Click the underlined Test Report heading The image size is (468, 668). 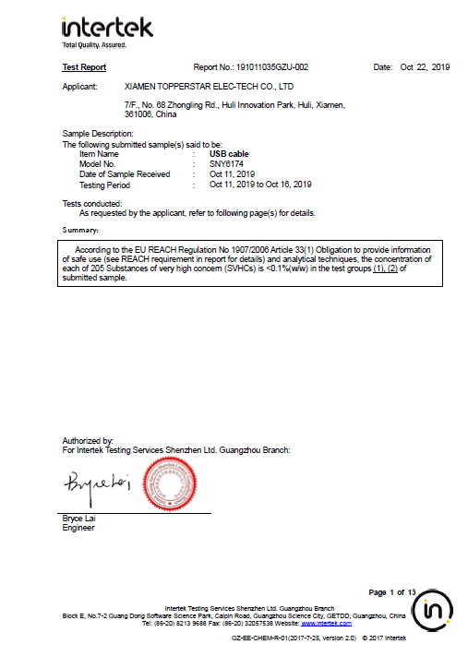[x=84, y=67]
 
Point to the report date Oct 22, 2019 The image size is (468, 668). [x=425, y=67]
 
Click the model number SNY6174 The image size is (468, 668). [x=227, y=163]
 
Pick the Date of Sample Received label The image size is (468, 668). [x=125, y=173]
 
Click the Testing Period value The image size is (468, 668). [x=260, y=184]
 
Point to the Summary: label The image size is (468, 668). [x=79, y=229]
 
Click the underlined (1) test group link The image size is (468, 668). [x=378, y=268]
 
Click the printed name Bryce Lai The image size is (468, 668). [x=78, y=519]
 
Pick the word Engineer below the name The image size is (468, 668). [x=78, y=528]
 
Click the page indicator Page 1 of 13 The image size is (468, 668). [x=392, y=591]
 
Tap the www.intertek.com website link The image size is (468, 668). [x=333, y=623]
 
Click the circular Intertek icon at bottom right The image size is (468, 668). [x=432, y=613]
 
